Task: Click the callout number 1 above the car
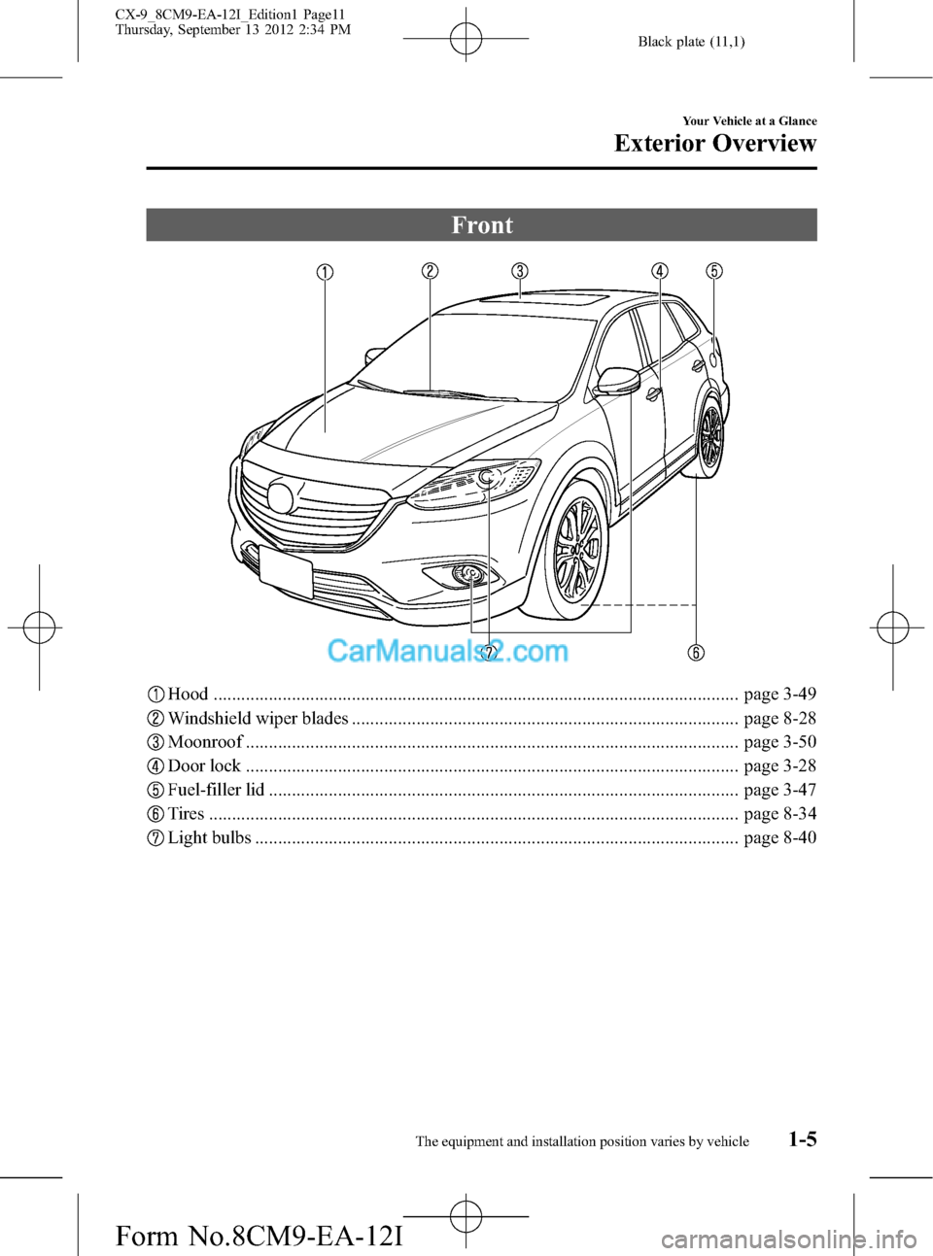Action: point(326,272)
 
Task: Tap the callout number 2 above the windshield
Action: point(430,271)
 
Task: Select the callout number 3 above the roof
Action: point(521,271)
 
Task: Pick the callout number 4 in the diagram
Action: point(660,271)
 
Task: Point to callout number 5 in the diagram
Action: point(714,271)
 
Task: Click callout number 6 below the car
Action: point(697,652)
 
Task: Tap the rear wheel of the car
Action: point(711,438)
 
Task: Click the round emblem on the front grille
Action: point(280,497)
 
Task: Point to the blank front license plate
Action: point(286,571)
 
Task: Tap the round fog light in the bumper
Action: point(469,575)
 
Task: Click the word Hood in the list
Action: point(188,695)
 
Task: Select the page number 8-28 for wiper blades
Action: point(779,719)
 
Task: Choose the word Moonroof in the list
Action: point(205,742)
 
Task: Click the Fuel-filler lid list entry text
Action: point(216,790)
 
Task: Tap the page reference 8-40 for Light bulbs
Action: point(779,837)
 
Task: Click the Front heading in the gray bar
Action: point(482,225)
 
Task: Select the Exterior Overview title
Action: point(715,144)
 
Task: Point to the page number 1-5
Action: point(802,1138)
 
